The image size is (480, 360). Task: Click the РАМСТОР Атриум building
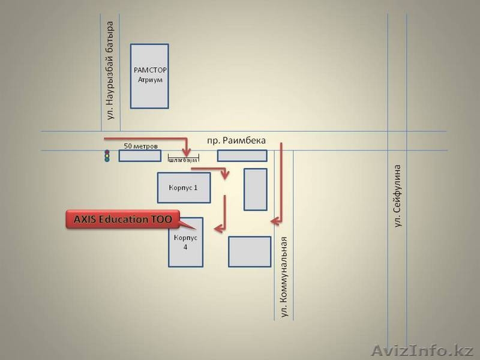149,76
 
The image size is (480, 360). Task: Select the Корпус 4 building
185,242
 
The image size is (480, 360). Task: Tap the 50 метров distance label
141,146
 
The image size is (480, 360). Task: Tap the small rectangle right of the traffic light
139,156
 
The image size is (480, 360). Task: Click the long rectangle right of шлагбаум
242,156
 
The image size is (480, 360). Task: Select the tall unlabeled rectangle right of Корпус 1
256,189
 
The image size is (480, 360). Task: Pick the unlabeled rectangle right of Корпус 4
250,251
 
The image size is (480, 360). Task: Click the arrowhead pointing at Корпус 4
218,228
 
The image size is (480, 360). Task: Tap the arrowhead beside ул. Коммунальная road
275,222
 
